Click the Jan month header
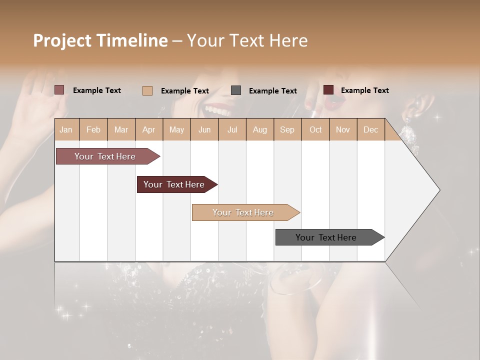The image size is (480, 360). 66,129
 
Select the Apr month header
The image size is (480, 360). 148,129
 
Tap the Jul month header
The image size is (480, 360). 232,129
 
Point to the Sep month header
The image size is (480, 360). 287,129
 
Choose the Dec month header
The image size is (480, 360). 370,129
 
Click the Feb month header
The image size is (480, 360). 93,129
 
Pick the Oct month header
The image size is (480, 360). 315,129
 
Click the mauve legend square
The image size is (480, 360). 59,90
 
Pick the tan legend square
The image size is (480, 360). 147,90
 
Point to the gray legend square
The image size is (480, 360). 236,90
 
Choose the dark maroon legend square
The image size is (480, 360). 328,90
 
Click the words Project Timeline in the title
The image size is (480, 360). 100,40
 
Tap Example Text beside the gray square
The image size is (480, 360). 272,91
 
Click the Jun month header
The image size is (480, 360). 204,129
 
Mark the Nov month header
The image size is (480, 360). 343,129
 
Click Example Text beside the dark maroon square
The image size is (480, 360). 364,90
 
